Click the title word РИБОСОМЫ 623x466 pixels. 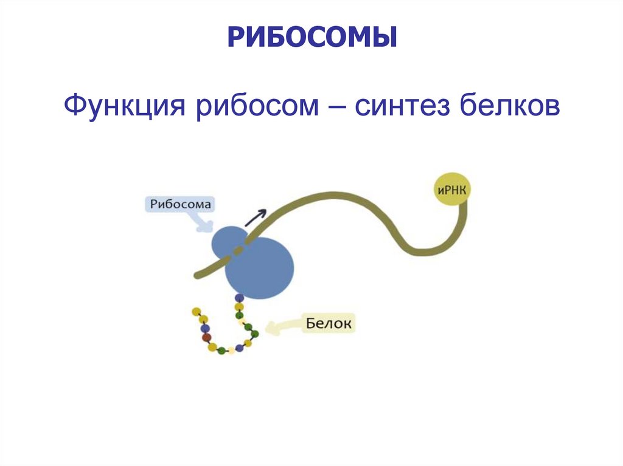click(x=312, y=38)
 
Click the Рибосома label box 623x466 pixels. click(x=180, y=205)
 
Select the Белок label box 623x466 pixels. click(x=328, y=324)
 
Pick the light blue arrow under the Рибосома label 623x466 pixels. click(x=203, y=223)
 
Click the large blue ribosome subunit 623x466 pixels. click(x=260, y=267)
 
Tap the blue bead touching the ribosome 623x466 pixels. click(x=239, y=298)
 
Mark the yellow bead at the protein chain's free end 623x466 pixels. click(x=196, y=312)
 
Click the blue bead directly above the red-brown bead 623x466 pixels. click(x=205, y=328)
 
